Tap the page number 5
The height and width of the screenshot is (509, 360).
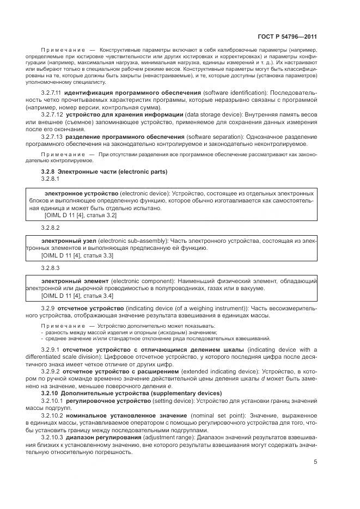coord(315,462)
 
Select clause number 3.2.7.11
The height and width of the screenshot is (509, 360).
coord(52,93)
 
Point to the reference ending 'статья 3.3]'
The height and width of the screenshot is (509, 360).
coord(77,254)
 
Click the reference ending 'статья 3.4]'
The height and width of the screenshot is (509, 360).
coord(77,295)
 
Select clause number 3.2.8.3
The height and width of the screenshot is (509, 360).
coord(50,268)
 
